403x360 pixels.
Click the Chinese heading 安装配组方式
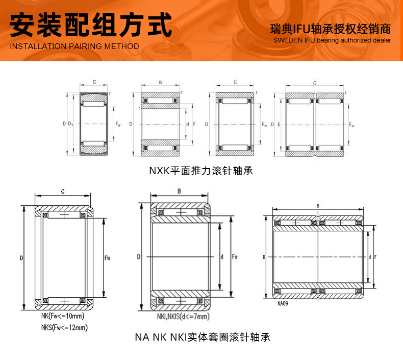(92, 25)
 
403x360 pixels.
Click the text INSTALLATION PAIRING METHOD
(74, 46)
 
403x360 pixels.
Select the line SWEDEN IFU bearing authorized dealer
(332, 40)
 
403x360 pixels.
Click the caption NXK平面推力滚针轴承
(201, 171)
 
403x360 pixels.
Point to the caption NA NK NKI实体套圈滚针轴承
(202, 337)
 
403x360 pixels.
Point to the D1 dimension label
(71, 124)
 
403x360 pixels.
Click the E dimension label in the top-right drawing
(279, 124)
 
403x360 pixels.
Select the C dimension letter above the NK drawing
(62, 191)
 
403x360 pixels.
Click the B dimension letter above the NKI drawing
(179, 191)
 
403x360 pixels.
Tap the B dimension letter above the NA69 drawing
(318, 206)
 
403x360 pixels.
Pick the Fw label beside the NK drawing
(108, 258)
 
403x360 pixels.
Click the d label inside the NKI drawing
(222, 257)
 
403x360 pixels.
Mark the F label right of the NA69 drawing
(375, 257)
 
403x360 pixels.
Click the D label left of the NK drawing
(21, 258)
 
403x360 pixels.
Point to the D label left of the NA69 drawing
(264, 257)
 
